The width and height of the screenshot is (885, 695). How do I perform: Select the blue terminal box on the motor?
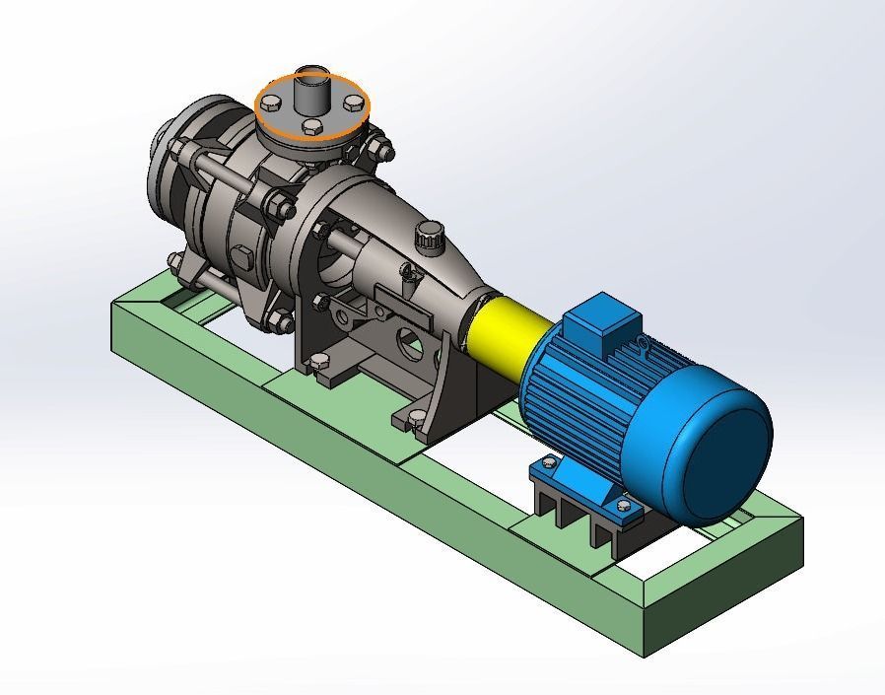click(x=600, y=317)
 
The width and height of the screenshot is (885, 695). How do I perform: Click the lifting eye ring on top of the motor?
click(x=644, y=344)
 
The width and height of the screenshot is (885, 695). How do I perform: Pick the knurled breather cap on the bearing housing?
click(x=429, y=236)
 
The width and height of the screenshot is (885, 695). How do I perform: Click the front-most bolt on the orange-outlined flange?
click(x=312, y=126)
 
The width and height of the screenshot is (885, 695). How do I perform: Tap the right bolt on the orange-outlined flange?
click(x=353, y=103)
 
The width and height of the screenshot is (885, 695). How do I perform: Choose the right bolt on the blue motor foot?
click(x=623, y=506)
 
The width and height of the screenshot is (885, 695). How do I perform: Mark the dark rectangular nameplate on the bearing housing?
click(x=407, y=309)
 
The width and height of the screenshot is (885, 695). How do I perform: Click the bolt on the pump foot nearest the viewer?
click(x=418, y=417)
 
